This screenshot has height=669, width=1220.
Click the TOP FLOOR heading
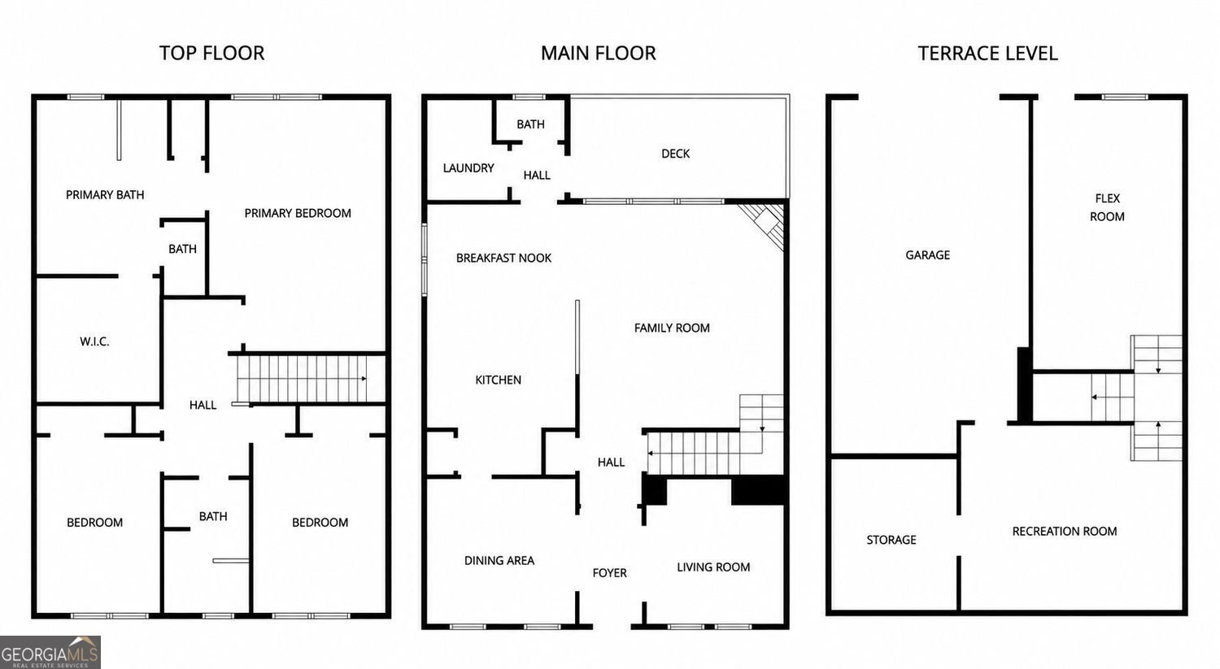211,54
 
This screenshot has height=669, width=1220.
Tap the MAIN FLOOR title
598,54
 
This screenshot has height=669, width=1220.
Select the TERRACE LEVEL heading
987,54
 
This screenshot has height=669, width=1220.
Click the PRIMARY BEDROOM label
298,214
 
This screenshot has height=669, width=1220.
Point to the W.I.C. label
94,342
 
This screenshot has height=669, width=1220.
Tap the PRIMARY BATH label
105,195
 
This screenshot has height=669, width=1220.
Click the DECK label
675,154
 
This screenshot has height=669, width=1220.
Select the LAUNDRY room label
468,168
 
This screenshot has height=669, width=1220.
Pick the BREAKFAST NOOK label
503,258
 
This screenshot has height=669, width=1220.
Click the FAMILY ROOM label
672,328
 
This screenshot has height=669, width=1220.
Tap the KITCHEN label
498,380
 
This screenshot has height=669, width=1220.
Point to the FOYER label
609,573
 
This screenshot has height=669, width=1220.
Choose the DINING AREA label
499,561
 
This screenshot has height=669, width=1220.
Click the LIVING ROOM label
713,567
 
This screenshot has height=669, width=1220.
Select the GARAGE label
927,255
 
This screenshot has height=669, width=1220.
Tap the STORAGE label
891,540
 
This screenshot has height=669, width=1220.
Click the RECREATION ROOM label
1064,532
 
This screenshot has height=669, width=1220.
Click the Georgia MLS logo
50,652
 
